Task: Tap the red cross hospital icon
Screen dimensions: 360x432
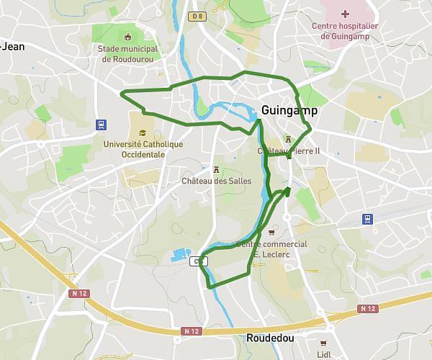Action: [x=346, y=14]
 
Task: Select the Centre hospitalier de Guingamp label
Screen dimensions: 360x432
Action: [x=345, y=31]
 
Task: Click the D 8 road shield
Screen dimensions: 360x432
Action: [x=197, y=16]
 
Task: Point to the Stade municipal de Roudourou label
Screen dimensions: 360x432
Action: [x=130, y=54]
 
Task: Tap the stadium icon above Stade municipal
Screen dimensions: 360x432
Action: [x=128, y=37]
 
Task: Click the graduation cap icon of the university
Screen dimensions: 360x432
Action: [x=143, y=132]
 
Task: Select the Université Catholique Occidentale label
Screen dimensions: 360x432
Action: [x=143, y=149]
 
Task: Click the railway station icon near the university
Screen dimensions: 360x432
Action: [x=100, y=124]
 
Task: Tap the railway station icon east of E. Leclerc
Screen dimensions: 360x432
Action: [x=368, y=219]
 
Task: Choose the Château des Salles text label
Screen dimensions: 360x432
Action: [x=216, y=181]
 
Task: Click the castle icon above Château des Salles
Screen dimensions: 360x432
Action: [x=216, y=168]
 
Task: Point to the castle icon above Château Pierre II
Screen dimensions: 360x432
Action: [x=288, y=139]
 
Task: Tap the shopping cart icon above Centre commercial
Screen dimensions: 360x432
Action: [x=271, y=232]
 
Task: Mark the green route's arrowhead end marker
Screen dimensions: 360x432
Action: [x=287, y=190]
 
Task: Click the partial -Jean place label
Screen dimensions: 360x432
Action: [x=12, y=46]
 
